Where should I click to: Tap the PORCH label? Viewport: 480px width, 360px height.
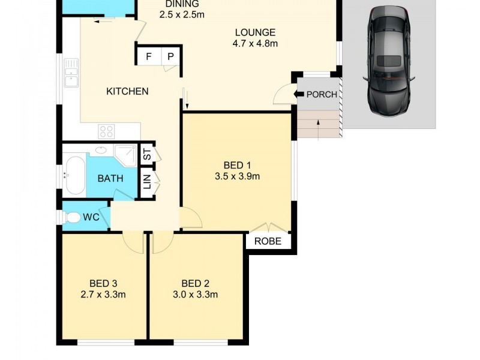click(322, 94)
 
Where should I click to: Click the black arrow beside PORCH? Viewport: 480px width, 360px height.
click(299, 94)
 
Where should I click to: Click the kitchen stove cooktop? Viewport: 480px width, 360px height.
click(107, 131)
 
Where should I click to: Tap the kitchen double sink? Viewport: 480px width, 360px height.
click(70, 73)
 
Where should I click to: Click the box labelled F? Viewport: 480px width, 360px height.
click(148, 57)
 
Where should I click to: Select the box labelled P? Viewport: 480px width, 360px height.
click(170, 57)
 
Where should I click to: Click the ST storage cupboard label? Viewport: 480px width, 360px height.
click(146, 155)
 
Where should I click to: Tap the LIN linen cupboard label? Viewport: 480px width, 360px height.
click(146, 181)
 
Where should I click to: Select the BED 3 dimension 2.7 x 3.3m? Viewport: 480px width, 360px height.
click(103, 294)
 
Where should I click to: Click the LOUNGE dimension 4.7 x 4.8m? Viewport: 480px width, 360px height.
click(255, 43)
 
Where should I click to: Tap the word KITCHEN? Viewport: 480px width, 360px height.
click(127, 91)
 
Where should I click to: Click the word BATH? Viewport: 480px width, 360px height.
click(110, 178)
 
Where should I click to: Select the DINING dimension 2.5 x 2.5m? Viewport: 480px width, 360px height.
click(182, 14)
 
